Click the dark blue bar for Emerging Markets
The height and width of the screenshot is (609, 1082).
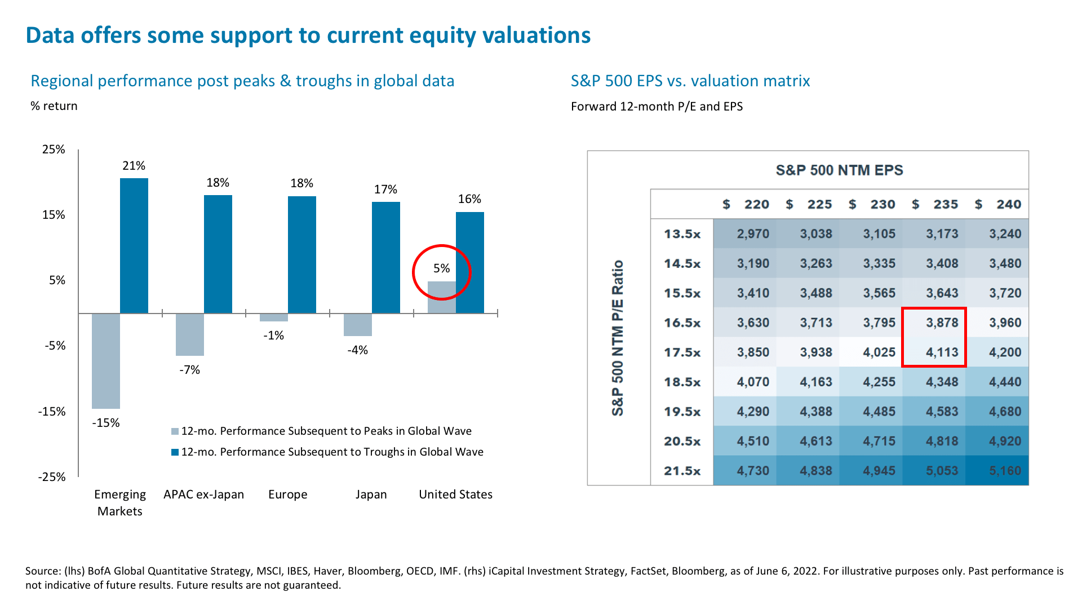[x=134, y=246]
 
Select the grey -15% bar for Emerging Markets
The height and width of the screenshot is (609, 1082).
[x=106, y=361]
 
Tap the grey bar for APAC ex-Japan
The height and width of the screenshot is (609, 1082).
[x=190, y=334]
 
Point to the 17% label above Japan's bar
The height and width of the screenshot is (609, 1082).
[x=385, y=189]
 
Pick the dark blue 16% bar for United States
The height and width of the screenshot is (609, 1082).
[x=470, y=263]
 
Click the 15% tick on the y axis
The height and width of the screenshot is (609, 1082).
[x=54, y=215]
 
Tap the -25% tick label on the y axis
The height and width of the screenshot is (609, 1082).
[x=52, y=477]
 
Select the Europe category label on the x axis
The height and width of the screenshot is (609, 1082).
[x=287, y=495]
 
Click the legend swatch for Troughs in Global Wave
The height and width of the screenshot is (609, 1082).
[x=175, y=452]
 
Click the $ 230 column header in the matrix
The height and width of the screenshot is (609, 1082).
[x=872, y=204]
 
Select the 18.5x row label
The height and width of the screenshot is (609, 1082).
[x=682, y=382]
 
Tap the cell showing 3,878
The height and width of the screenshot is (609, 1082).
[x=942, y=323]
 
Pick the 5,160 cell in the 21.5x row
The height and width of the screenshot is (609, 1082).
[x=1005, y=470]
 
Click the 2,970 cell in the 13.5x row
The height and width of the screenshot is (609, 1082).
[x=752, y=233]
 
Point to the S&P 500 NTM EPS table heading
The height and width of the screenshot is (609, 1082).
[x=839, y=170]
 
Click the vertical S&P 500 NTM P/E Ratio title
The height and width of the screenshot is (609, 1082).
[x=618, y=338]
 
